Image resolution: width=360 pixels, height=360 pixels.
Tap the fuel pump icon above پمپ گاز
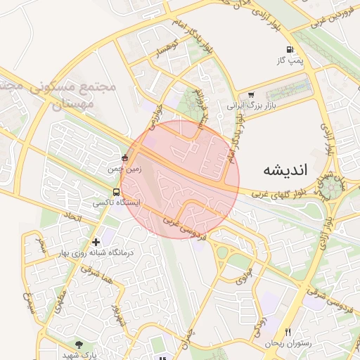(x=290, y=50)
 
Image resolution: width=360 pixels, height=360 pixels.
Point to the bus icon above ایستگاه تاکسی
(x=116, y=191)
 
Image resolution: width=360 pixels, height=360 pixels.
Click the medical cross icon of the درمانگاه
(x=96, y=243)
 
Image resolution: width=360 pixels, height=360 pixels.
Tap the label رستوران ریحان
(x=283, y=343)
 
